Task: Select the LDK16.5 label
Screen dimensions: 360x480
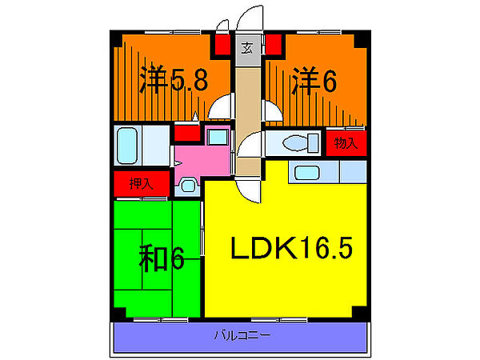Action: point(292,250)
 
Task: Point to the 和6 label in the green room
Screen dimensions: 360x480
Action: point(164,258)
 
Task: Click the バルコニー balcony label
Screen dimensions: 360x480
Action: point(242,334)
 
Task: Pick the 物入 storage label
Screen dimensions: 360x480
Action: point(345,144)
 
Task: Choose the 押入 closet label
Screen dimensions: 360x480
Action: point(142,183)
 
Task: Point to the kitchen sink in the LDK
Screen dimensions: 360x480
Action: point(306,171)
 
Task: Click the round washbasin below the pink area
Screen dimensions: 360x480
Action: point(187,186)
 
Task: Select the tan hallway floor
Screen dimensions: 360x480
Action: point(247,104)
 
